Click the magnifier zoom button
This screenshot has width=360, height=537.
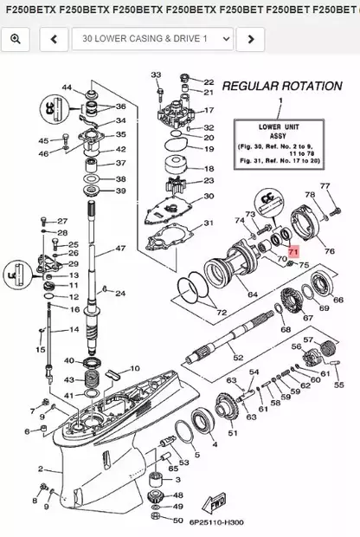(16, 39)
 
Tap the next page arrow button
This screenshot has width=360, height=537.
(250, 39)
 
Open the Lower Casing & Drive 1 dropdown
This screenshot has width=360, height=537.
(153, 39)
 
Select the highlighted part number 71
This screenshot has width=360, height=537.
(292, 250)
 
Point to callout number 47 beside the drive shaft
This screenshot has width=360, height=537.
(122, 249)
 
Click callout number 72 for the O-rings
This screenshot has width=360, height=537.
(221, 312)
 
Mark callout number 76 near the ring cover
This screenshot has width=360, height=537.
(328, 251)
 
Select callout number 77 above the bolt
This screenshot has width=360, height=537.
(325, 186)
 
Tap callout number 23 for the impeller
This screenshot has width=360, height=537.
(208, 181)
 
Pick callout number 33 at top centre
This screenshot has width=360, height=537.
(156, 75)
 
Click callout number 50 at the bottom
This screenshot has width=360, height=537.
(178, 521)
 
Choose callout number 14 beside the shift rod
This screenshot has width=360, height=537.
(74, 330)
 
